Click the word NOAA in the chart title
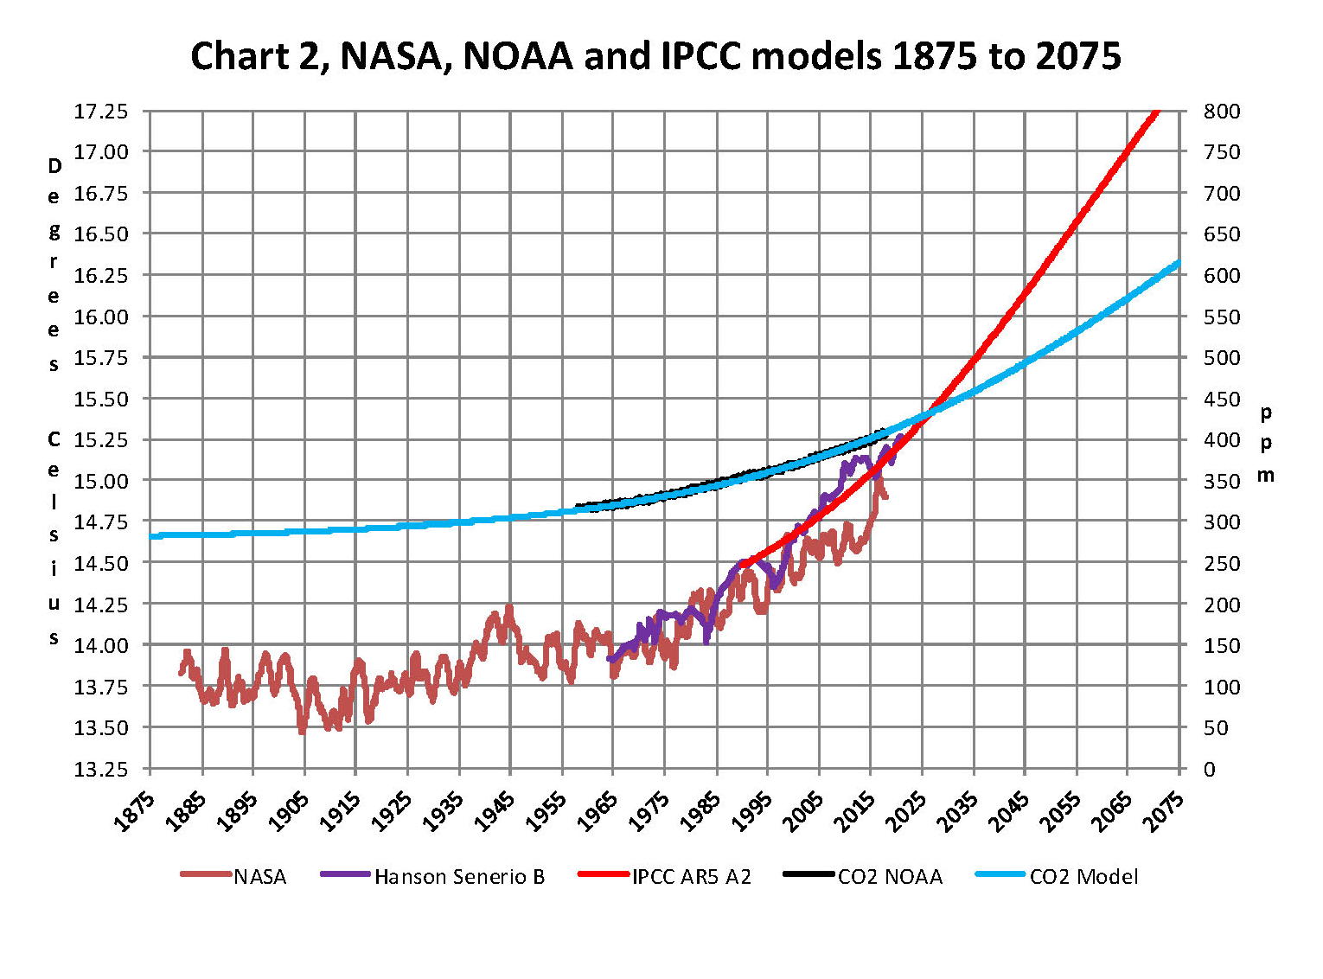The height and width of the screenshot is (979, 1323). pos(518,56)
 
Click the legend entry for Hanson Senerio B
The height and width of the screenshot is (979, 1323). pos(459,877)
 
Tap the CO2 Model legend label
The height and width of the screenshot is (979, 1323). pos(1083,877)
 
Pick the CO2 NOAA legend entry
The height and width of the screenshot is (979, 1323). pos(890,877)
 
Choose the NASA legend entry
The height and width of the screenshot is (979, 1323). pos(259,877)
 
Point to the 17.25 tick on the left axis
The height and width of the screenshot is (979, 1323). pos(100,112)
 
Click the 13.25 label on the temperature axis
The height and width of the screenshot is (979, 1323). pos(100,770)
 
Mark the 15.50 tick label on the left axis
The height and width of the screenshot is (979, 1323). pos(100,400)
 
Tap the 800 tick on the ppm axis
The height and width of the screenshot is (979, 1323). pos(1222,112)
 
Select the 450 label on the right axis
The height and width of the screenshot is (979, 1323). pos(1222,400)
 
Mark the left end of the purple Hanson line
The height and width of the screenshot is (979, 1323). pos(610,659)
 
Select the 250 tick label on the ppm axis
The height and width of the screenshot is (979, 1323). pos(1222,564)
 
